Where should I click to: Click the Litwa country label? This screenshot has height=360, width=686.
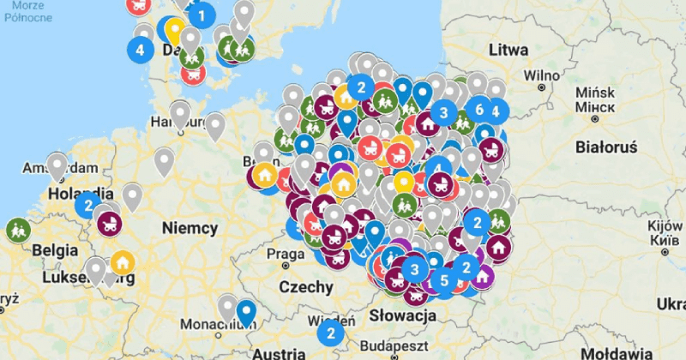coord(508,50)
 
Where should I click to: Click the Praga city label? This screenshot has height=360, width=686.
coord(285,254)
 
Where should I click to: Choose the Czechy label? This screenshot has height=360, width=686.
coord(305,286)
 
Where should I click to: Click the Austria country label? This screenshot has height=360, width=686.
coord(279,352)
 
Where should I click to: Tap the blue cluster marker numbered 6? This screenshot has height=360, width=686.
coord(478,110)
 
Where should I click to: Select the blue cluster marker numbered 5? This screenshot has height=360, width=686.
coord(443,280)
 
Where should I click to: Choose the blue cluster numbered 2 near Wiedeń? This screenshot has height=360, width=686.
coord(329,333)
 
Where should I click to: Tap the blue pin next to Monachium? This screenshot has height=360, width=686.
coord(247,312)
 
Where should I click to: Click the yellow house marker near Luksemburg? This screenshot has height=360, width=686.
coord(123,261)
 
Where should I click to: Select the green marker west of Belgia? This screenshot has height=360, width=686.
coord(17,230)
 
